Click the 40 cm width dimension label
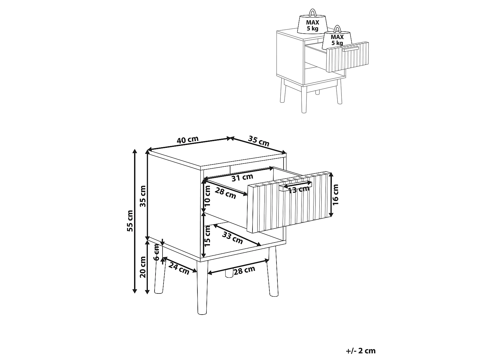[188, 140]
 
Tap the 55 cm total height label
[130, 221]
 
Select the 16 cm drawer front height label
[335, 195]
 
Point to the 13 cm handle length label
[299, 189]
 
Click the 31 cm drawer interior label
[242, 178]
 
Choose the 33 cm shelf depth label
[232, 237]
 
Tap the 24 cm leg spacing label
[179, 268]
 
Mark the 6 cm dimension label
[156, 252]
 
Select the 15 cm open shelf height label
[207, 236]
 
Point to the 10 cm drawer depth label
[207, 196]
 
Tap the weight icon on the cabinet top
[312, 22]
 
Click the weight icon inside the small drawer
[337, 37]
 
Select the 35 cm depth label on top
[259, 141]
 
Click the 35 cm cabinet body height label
[143, 196]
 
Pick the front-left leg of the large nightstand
[202, 288]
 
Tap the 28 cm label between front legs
[244, 270]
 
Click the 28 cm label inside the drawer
[226, 193]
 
